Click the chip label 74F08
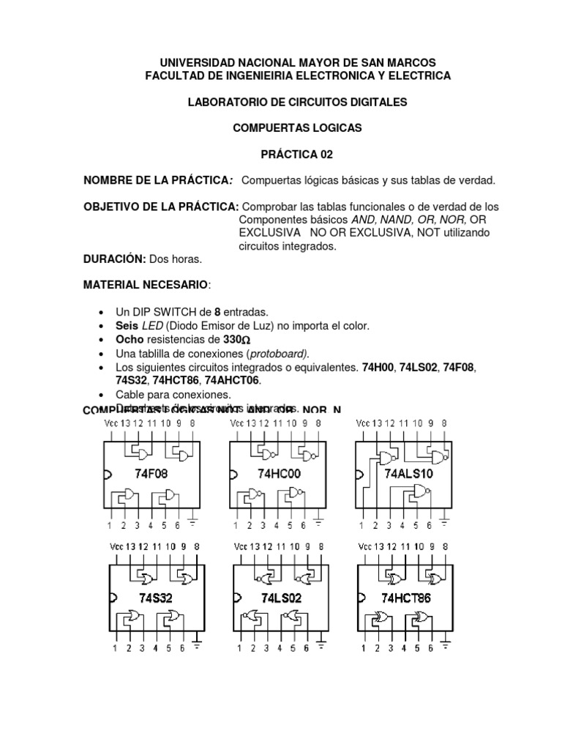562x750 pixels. (x=151, y=474)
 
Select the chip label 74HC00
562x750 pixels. (x=278, y=474)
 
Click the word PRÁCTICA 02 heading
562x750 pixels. (x=291, y=154)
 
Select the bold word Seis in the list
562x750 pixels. (x=128, y=325)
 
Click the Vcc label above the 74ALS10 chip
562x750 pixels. (x=363, y=423)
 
